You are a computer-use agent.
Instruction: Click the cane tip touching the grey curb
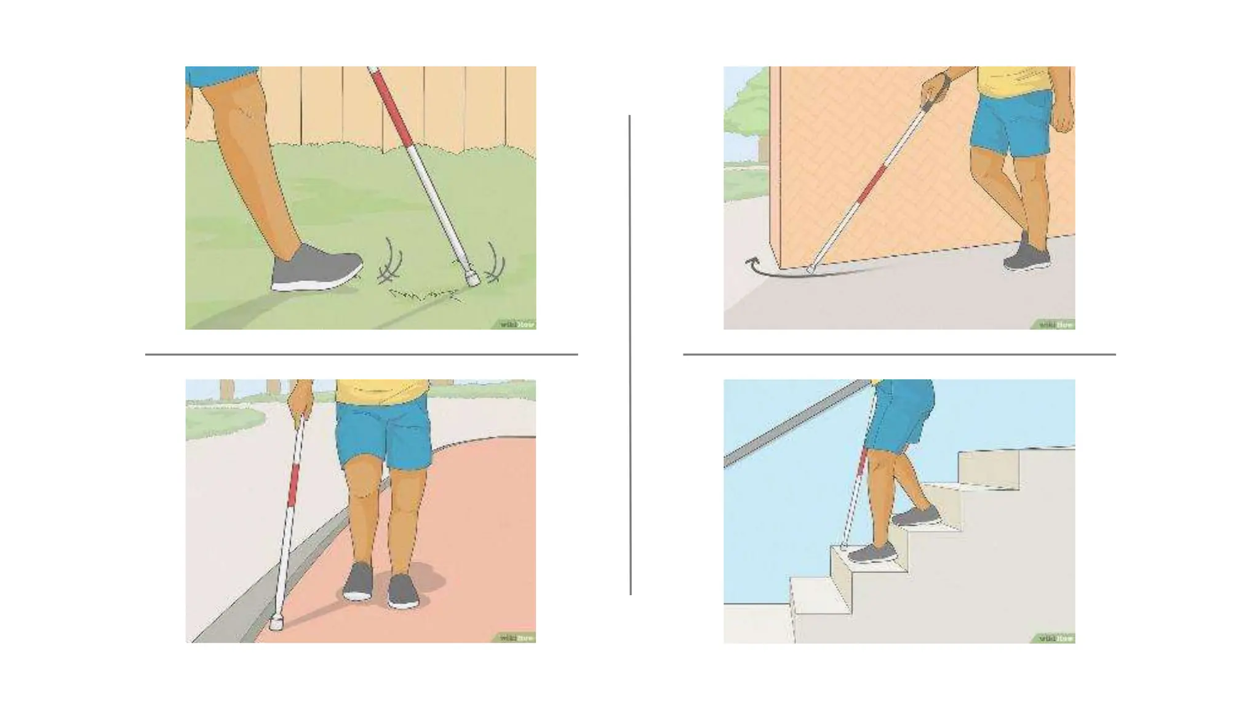tap(276, 624)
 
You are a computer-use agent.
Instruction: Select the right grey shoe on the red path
tap(404, 592)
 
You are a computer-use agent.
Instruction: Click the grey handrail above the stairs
tap(794, 424)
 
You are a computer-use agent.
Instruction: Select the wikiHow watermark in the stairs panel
tap(1056, 638)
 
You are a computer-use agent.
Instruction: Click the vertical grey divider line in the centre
tap(630, 354)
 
